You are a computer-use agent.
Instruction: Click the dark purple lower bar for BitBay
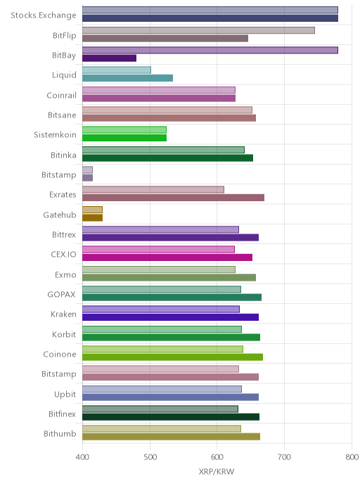tap(109, 58)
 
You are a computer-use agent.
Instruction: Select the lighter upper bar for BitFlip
tap(198, 30)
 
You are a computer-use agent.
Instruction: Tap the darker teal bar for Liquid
tap(127, 78)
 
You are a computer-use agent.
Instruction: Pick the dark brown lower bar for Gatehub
tap(92, 217)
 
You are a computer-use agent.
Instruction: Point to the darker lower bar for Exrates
tap(173, 198)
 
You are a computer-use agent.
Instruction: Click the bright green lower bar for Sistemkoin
tap(124, 138)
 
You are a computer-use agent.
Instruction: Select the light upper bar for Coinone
tap(162, 349)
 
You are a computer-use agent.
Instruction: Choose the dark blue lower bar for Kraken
tap(170, 317)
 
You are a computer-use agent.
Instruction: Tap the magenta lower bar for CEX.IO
tap(167, 257)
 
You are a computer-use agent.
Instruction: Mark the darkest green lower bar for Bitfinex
tap(171, 417)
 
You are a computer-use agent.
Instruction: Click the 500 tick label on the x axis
tap(150, 457)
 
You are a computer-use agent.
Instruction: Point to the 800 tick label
tap(352, 457)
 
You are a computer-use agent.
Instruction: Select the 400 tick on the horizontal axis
tap(82, 457)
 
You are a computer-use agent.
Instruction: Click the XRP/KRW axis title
tap(217, 471)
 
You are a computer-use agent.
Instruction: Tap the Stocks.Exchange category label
tap(44, 15)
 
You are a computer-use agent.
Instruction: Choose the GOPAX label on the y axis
tap(61, 295)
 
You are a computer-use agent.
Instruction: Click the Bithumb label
tap(60, 433)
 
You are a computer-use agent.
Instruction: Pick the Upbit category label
tap(65, 394)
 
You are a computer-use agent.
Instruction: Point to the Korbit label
tap(64, 334)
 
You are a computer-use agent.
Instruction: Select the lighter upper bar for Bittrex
tap(160, 229)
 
